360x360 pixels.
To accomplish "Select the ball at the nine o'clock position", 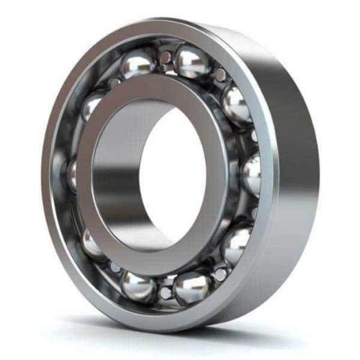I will (x=72, y=173).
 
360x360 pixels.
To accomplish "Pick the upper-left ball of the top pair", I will (x=138, y=66).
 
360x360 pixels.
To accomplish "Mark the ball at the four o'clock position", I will (x=236, y=245).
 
